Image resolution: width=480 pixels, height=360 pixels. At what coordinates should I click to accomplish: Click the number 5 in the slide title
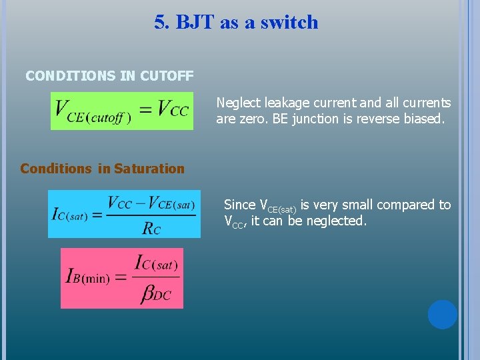(x=160, y=22)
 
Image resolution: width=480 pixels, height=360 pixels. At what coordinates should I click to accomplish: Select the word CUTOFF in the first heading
(x=167, y=76)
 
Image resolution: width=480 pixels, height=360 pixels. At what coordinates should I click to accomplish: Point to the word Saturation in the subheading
(x=149, y=169)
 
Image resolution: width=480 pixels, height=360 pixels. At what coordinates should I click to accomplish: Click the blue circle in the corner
(x=442, y=314)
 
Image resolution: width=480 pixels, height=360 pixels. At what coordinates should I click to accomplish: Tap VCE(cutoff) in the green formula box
(x=93, y=111)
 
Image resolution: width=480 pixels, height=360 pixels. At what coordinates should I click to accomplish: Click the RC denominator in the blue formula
(x=151, y=228)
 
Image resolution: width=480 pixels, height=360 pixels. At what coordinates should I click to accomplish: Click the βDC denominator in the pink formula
(x=155, y=294)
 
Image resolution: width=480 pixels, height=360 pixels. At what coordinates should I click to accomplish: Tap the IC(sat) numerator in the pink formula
(x=155, y=263)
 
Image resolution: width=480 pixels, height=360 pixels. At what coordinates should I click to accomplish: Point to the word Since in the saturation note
(x=239, y=205)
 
